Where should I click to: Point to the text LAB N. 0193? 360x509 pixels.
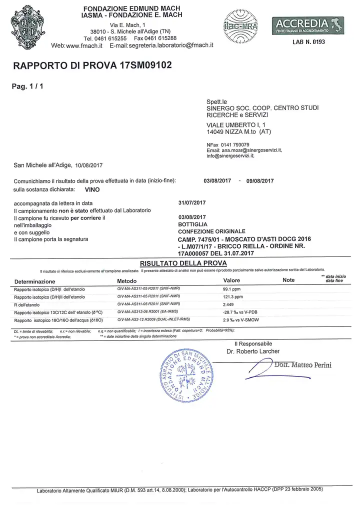click(x=308, y=42)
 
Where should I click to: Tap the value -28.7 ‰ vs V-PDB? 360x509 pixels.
click(x=242, y=311)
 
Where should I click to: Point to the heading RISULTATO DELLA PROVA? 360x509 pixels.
click(x=180, y=262)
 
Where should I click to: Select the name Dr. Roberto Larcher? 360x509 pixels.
click(x=253, y=351)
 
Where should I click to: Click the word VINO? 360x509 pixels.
click(x=92, y=190)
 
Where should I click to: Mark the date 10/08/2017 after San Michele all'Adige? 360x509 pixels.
click(x=88, y=164)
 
